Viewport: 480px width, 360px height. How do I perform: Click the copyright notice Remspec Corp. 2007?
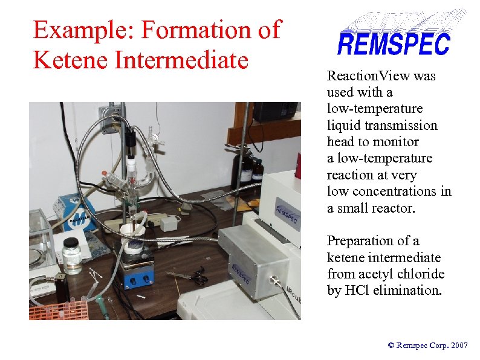[428, 345]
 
